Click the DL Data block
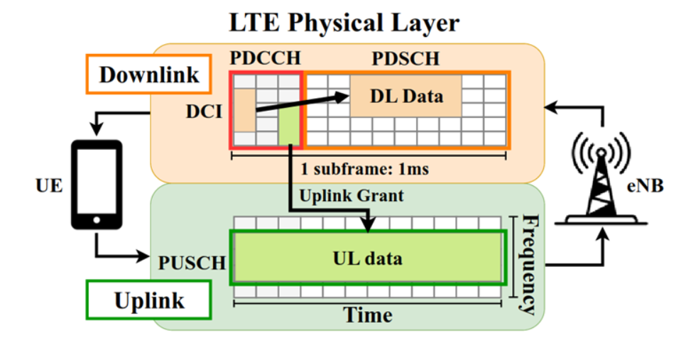tap(406, 95)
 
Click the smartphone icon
tap(97, 184)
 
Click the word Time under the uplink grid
tap(368, 314)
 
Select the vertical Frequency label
tap(529, 263)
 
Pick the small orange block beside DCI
tap(244, 110)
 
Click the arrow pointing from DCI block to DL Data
tap(302, 104)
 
